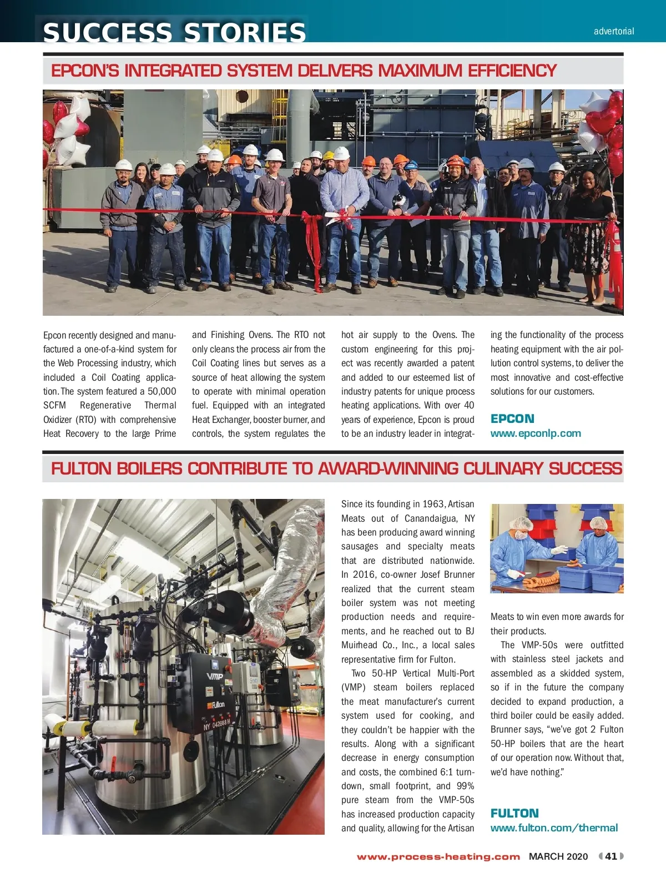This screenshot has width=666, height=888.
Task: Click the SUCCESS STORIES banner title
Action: [x=174, y=32]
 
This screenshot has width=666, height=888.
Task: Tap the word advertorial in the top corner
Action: [x=613, y=31]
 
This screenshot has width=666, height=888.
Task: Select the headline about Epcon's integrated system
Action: [x=304, y=71]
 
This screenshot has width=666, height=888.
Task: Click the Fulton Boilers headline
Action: [x=336, y=468]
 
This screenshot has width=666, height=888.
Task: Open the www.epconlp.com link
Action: [x=536, y=433]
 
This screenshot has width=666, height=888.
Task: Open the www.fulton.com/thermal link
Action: [x=554, y=828]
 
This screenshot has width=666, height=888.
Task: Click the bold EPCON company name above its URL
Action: [x=512, y=419]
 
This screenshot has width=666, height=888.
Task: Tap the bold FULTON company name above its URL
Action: [x=514, y=814]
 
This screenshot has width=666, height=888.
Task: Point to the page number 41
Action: [x=611, y=856]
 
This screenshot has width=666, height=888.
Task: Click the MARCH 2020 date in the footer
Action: [x=558, y=856]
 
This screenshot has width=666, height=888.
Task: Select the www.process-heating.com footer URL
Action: [x=438, y=857]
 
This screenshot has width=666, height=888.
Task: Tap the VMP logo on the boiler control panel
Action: [x=215, y=675]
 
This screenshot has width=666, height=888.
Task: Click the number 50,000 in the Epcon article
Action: [x=162, y=391]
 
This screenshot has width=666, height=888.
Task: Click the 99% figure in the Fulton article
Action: [x=465, y=786]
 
